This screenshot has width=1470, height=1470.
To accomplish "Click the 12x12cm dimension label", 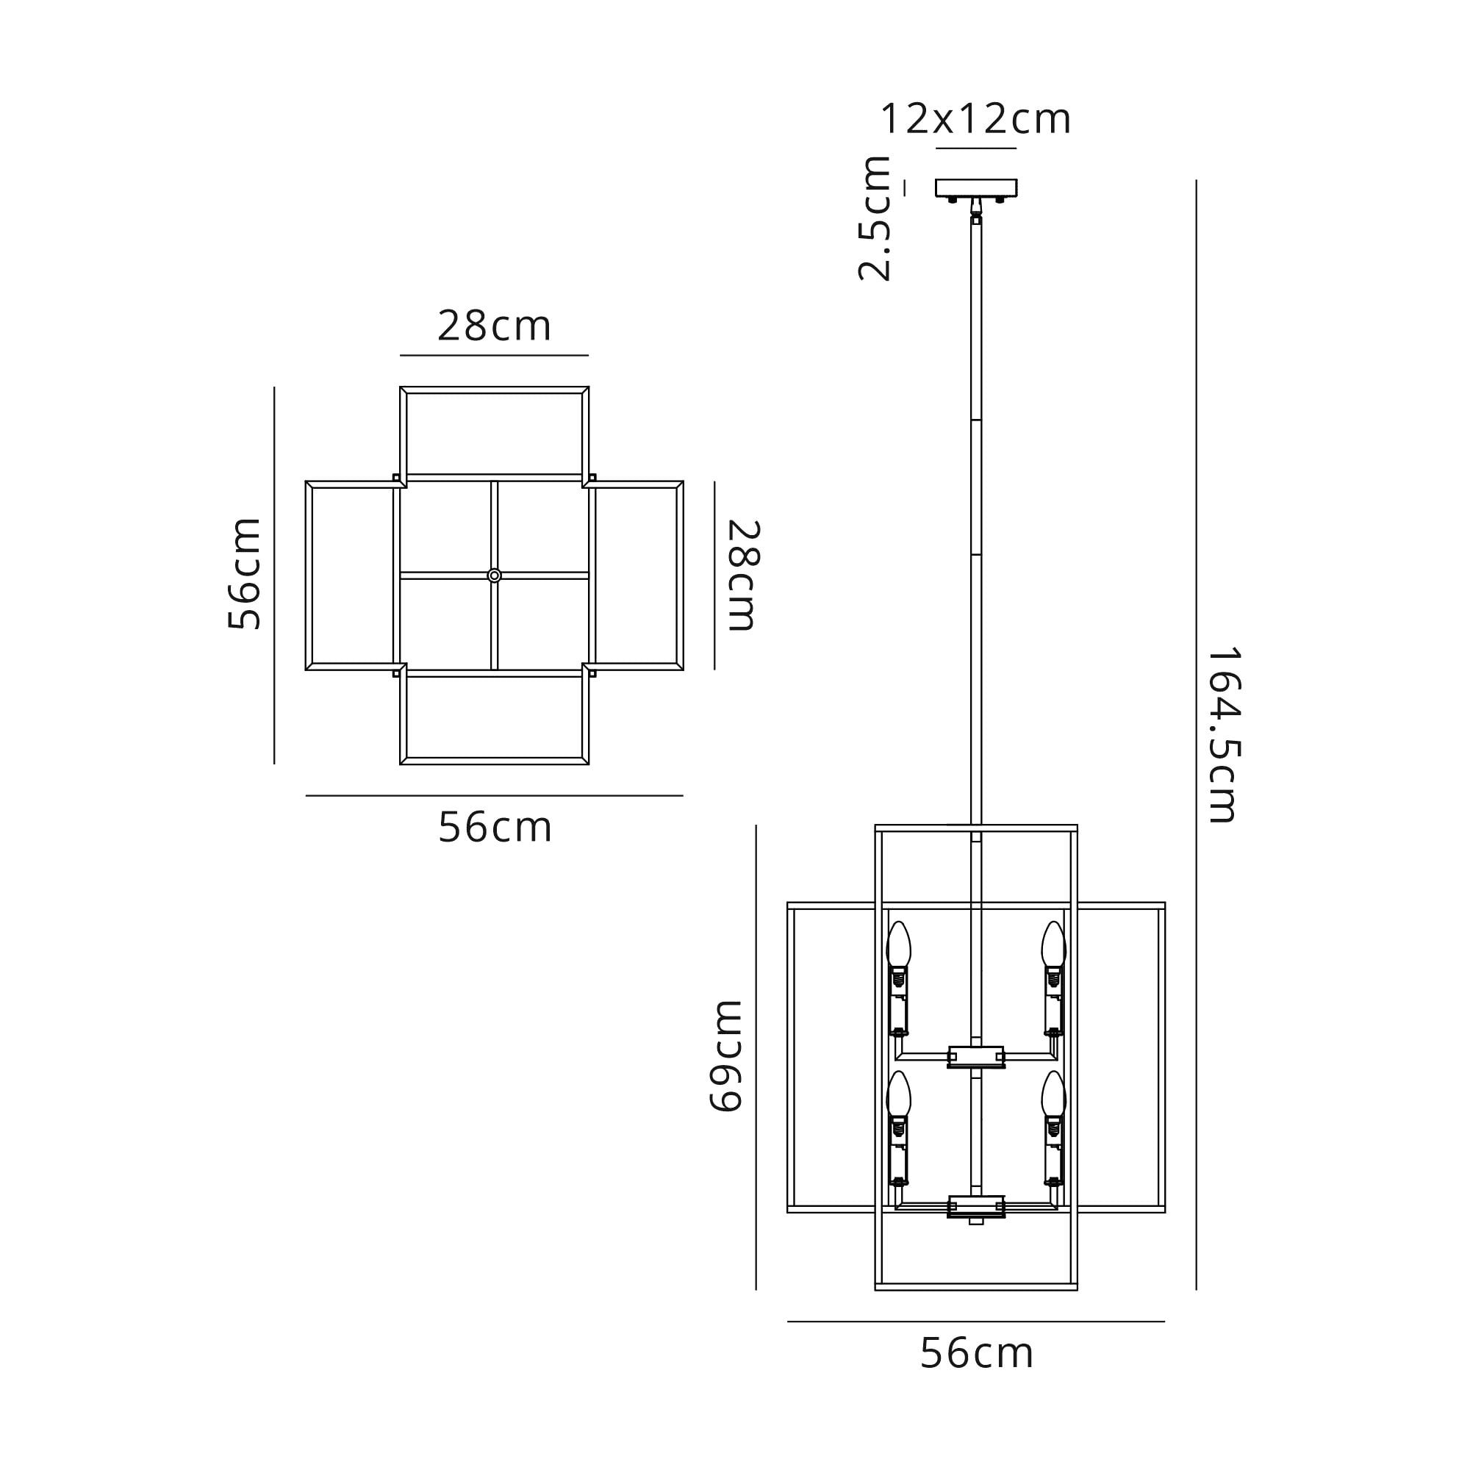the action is (975, 120).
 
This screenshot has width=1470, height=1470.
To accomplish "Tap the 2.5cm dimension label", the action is (875, 218).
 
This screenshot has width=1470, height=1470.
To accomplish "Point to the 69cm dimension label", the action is (726, 1057).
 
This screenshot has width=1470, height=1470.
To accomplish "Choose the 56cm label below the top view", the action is (495, 827).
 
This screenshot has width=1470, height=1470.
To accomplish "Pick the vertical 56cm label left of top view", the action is (244, 574).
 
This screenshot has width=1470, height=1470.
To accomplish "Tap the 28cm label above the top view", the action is (495, 326).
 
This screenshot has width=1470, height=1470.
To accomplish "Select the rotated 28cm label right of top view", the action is (743, 576).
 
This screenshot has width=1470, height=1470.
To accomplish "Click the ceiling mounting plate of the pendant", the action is (976, 188).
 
